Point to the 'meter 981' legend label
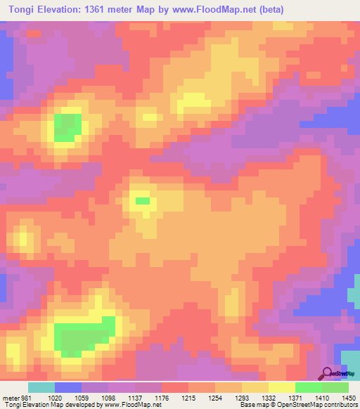[15, 398]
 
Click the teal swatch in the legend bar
[41, 387]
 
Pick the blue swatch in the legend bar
[68, 387]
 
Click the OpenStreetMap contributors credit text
[319, 405]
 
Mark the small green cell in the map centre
[143, 201]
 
